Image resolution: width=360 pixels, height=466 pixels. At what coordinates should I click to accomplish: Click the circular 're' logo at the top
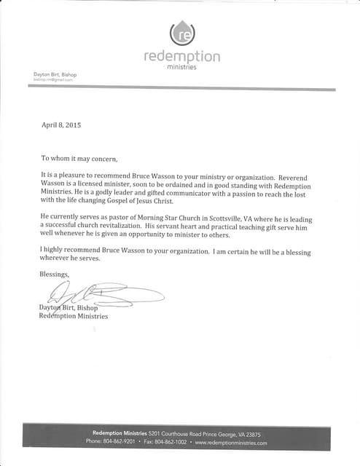(x=181, y=33)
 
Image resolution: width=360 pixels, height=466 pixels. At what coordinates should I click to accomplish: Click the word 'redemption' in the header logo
(x=181, y=57)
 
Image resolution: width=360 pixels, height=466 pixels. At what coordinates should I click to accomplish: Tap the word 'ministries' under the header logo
(x=181, y=68)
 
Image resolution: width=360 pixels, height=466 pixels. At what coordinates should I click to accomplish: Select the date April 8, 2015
(x=61, y=125)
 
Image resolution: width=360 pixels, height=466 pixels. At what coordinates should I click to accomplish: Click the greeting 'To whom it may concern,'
(x=79, y=158)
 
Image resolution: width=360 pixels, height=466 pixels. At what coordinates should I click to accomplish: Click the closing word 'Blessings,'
(x=55, y=274)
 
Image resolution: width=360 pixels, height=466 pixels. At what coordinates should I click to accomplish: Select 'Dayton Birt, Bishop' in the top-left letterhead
(x=55, y=74)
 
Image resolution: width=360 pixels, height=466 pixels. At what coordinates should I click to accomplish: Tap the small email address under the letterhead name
(x=52, y=80)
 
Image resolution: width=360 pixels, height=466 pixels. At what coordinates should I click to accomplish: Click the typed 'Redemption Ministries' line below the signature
(x=73, y=316)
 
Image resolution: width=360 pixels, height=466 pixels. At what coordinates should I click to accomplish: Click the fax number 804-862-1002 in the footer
(x=171, y=442)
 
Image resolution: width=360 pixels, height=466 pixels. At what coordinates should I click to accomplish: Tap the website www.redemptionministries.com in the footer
(x=231, y=442)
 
